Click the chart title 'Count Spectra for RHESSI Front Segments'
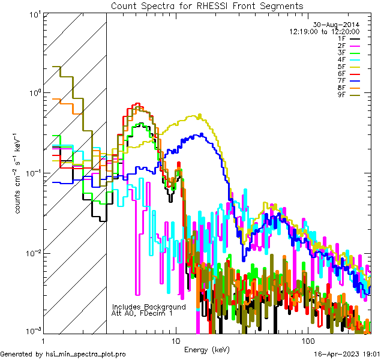pyautogui.click(x=207, y=5)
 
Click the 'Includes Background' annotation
pyautogui.click(x=149, y=307)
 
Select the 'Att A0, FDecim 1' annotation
pyautogui.click(x=143, y=313)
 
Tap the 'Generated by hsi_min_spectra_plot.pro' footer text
pyautogui.click(x=63, y=354)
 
